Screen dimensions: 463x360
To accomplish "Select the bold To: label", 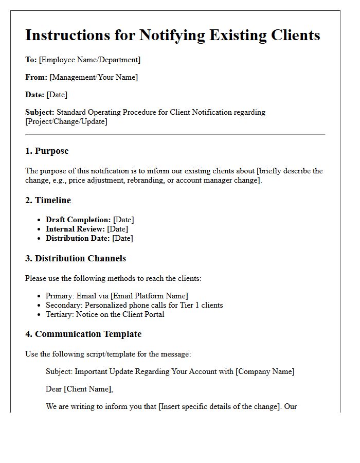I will point(31,60).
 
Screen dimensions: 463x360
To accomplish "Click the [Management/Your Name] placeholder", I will point(94,77).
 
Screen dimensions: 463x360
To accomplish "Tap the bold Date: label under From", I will point(34,95).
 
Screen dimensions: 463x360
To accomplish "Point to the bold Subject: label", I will point(40,112).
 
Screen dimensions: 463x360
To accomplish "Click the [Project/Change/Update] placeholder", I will point(66,121).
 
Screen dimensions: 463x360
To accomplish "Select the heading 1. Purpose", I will point(47,151).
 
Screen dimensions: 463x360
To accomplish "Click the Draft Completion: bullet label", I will point(78,220).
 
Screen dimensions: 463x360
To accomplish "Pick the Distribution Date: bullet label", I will point(78,238).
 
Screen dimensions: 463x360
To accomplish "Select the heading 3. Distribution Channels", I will point(76,258).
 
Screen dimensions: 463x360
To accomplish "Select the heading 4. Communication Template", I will point(83,334).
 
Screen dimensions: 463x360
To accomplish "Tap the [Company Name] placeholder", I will point(265,371).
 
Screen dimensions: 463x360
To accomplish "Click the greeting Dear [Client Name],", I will point(79,389).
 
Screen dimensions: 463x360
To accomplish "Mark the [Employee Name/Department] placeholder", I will point(89,60).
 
